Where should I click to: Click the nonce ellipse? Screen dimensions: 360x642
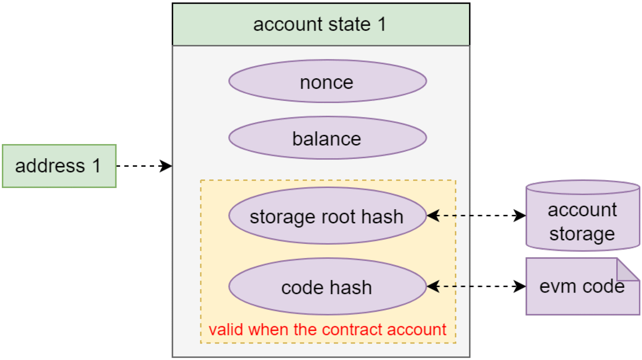click(327, 82)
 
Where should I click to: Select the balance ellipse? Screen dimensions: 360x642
click(327, 138)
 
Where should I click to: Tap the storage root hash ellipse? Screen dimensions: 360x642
click(327, 216)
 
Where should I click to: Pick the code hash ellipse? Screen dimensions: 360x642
click(327, 287)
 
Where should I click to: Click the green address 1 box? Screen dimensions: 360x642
click(59, 166)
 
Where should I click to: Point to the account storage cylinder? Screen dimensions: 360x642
click(582, 216)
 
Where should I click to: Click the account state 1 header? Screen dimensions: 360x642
click(320, 25)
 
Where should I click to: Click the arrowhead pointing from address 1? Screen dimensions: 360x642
click(166, 166)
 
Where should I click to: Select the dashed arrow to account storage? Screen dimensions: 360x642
click(476, 216)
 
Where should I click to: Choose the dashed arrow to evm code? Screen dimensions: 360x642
click(476, 286)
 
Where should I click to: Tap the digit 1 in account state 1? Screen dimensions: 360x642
click(382, 25)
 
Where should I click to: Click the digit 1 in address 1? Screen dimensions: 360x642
click(97, 166)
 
